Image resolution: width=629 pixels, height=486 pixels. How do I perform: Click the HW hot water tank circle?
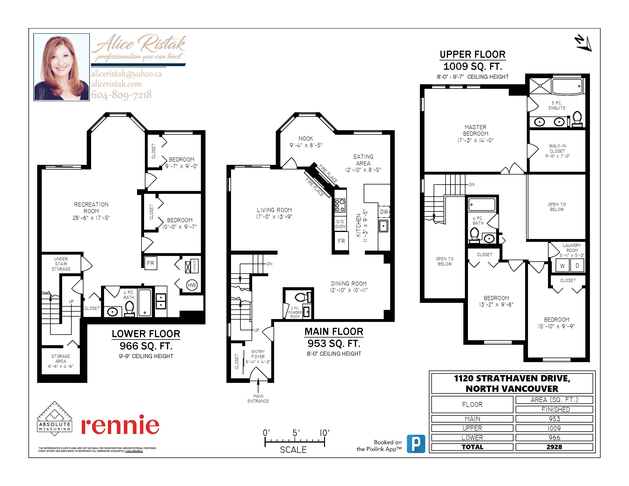point(192,285)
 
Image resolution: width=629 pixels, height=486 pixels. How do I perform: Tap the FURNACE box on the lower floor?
point(192,266)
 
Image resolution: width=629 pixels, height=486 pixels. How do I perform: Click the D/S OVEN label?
point(340,224)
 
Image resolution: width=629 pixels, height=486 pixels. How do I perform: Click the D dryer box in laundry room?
point(577,266)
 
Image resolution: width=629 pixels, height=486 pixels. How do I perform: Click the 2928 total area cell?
point(554,447)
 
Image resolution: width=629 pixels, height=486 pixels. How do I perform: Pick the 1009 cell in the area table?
point(554,428)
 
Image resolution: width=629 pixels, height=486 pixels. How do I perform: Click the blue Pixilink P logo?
point(416,444)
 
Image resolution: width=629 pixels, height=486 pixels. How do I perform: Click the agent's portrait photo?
point(62,67)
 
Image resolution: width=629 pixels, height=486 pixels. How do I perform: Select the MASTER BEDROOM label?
point(476,130)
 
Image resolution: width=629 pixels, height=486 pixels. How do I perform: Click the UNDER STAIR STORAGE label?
point(61,264)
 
